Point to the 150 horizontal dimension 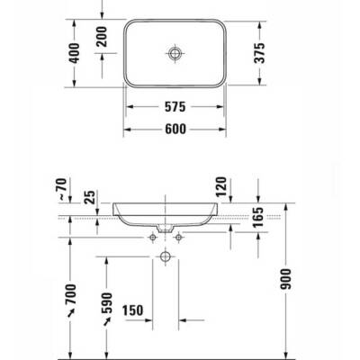point(134,310)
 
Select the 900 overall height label point(286,279)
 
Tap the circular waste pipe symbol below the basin point(165,256)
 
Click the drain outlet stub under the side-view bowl point(165,231)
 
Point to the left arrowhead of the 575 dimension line point(127,105)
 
